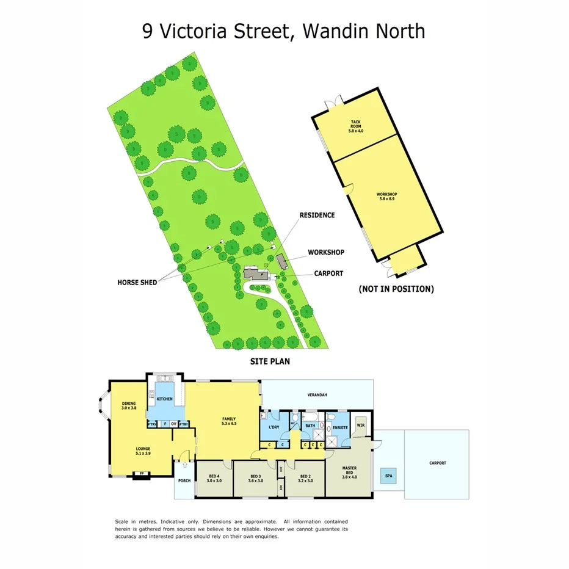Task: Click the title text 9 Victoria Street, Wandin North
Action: click(x=284, y=31)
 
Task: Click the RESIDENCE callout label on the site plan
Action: click(x=317, y=215)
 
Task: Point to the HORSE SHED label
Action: click(x=137, y=283)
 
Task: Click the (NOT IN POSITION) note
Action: click(x=396, y=289)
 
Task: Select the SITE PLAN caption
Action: click(x=270, y=361)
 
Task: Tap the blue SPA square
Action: click(x=387, y=476)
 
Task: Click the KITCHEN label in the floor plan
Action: click(x=165, y=399)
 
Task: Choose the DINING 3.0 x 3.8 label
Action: click(x=129, y=405)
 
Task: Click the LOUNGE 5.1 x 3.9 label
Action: click(x=143, y=452)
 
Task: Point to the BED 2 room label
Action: click(x=306, y=479)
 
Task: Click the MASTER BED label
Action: click(x=349, y=473)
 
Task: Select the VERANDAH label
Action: click(x=317, y=395)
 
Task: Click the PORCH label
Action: click(x=184, y=480)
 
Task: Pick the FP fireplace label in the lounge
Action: click(x=142, y=473)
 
